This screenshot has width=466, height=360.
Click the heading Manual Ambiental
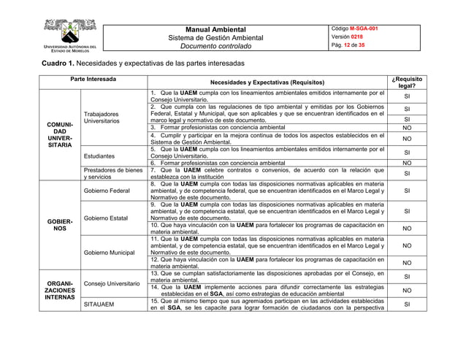click(x=215, y=29)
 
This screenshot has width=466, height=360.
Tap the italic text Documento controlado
click(x=215, y=47)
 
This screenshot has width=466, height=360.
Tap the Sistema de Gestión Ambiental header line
click(x=215, y=38)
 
